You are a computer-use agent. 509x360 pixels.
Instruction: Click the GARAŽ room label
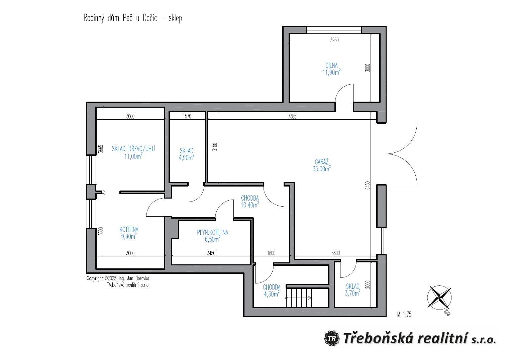[x=321, y=162]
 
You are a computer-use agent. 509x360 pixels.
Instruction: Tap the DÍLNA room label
[x=331, y=66]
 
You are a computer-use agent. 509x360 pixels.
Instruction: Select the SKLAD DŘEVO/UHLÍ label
[x=133, y=149]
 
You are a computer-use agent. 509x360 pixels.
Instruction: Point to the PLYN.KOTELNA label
[x=212, y=232]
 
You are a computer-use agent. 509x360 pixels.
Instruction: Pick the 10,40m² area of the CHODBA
[x=250, y=205]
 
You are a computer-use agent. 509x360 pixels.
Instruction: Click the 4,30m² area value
[x=272, y=294]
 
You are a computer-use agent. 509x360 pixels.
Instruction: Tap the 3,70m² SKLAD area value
[x=353, y=293]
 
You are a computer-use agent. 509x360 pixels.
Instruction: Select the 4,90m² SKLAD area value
[x=187, y=157]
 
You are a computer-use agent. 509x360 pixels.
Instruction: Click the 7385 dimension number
[x=292, y=116]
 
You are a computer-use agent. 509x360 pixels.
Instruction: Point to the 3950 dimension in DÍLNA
[x=334, y=40]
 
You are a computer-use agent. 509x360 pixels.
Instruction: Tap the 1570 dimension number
[x=187, y=116]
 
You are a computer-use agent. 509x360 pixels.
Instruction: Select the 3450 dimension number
[x=211, y=253]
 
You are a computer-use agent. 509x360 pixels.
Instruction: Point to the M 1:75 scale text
[x=404, y=314]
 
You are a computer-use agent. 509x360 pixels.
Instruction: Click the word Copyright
[x=95, y=278]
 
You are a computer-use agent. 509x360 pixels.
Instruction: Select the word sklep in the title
[x=175, y=18]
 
